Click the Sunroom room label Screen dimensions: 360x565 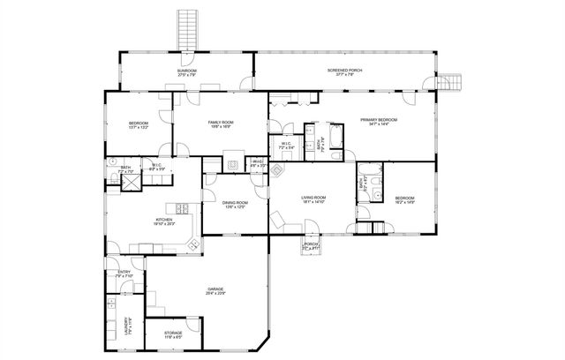(185, 72)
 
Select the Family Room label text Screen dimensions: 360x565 (221, 124)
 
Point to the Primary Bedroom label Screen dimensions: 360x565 (378, 121)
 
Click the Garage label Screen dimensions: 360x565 (215, 290)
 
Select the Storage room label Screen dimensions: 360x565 (173, 334)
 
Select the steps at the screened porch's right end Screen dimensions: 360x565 (450, 81)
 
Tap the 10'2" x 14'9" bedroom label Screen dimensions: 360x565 (404, 199)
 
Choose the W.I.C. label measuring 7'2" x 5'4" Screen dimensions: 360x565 (287, 146)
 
